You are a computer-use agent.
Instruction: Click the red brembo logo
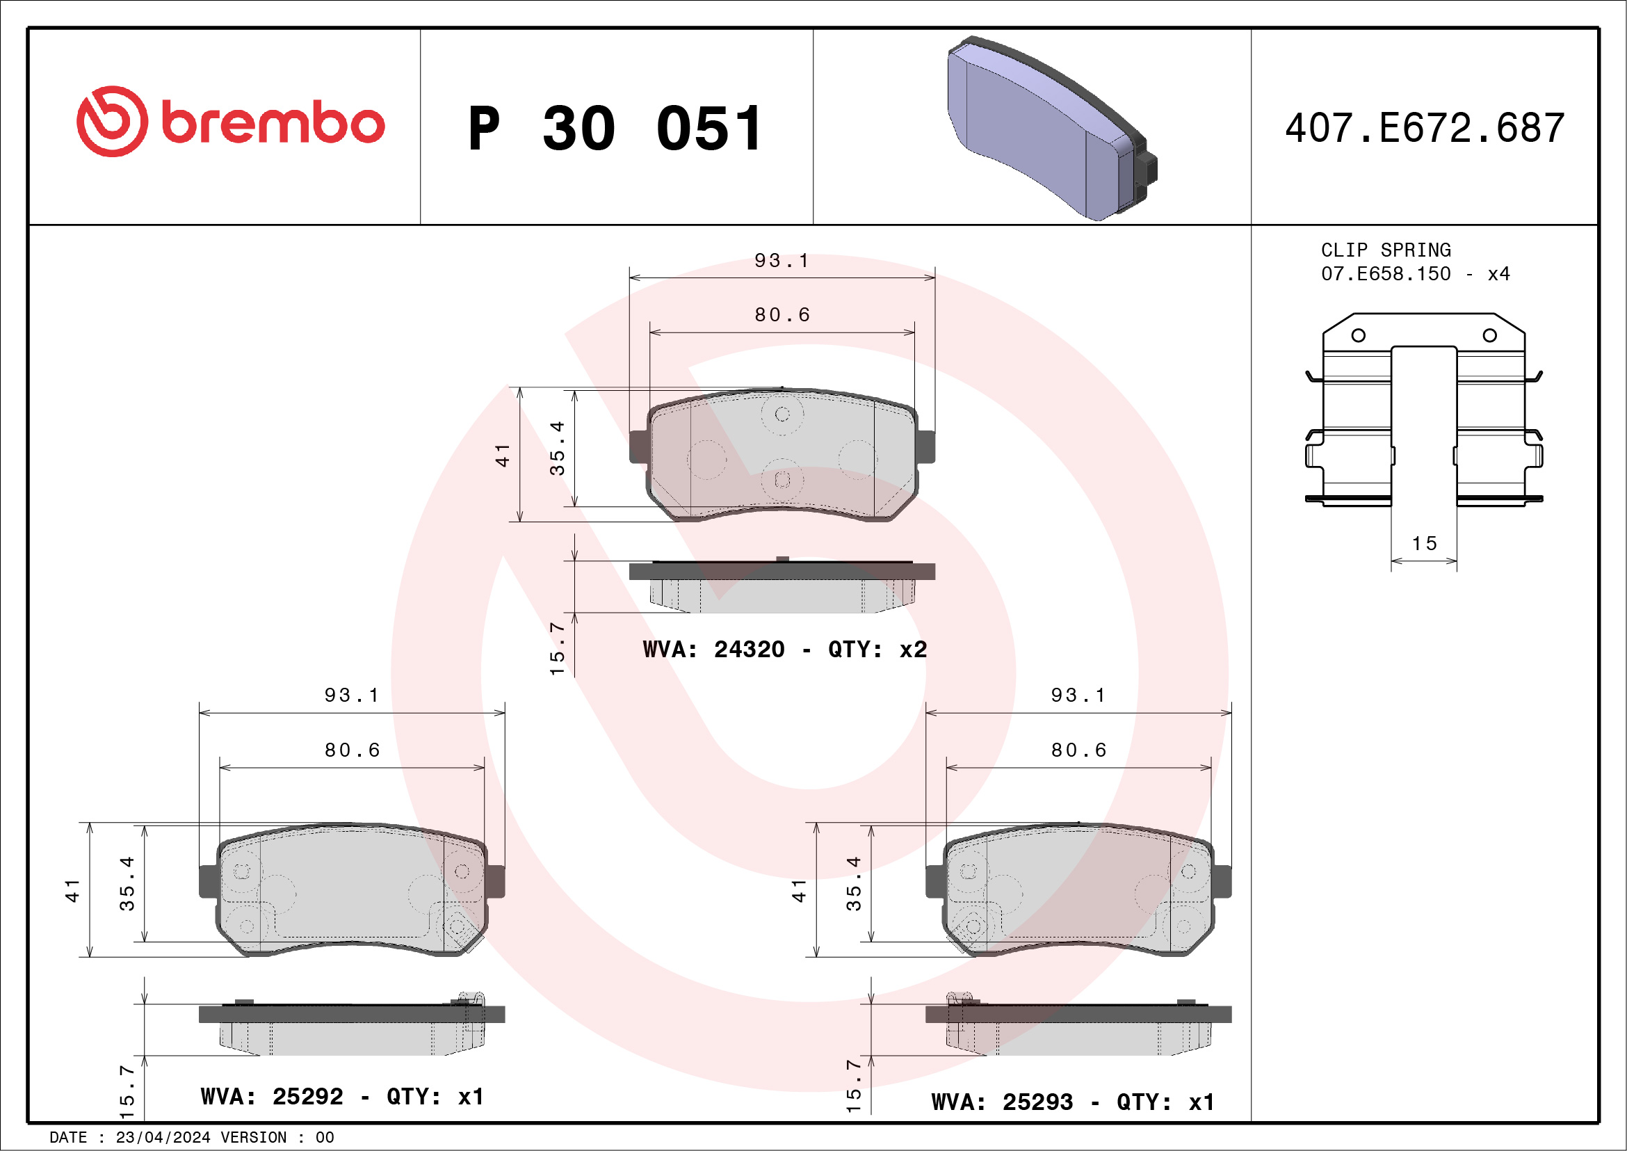230,122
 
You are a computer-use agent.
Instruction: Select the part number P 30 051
615,129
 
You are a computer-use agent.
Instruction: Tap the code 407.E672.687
1425,128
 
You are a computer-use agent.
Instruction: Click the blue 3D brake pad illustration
1052,128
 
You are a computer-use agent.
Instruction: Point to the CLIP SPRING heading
1386,250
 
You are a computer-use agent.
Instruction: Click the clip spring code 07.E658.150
1386,273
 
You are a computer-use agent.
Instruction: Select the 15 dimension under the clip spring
1425,544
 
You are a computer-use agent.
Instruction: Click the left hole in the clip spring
1359,335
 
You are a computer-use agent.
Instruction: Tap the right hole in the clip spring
1490,335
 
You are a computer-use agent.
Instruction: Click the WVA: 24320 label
713,649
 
